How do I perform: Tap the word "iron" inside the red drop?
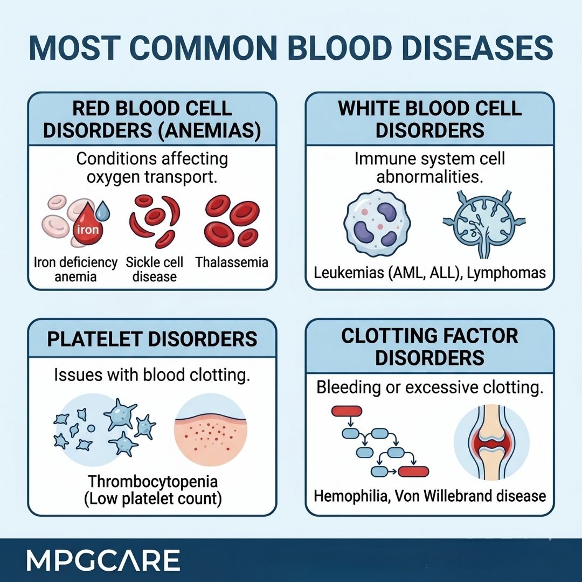pos(88,228)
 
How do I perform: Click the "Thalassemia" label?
pos(232,262)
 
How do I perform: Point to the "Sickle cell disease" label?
pos(155,269)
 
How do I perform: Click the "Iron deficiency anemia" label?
pos(75,269)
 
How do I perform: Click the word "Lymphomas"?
pos(507,273)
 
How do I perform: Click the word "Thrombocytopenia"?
pos(153,481)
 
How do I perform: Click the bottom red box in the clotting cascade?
pos(414,472)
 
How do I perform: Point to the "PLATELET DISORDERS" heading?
pos(153,339)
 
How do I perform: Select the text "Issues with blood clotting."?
pos(153,376)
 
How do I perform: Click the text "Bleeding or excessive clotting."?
pos(429,387)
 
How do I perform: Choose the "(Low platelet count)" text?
pos(153,498)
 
